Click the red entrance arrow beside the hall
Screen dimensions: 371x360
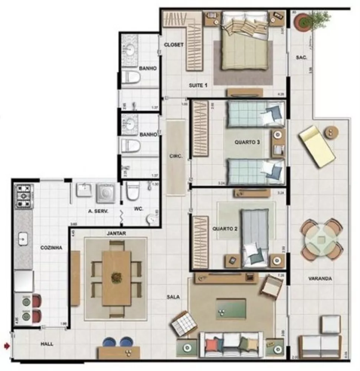tap(6, 346)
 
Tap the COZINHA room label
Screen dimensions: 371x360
tap(51, 247)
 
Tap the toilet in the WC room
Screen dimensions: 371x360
tap(132, 191)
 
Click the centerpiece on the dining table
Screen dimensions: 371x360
tap(117, 278)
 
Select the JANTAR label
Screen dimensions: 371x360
tap(116, 233)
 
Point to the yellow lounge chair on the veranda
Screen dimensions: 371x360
tap(317, 146)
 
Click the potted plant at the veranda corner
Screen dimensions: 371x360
tap(302, 22)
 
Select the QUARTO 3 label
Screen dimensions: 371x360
tap(247, 142)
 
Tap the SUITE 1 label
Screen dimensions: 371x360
tap(198, 85)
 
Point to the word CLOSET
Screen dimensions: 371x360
tap(174, 45)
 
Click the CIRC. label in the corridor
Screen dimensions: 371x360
tap(176, 157)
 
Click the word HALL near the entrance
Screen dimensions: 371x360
tap(46, 344)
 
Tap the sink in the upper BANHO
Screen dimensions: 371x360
tap(130, 49)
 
